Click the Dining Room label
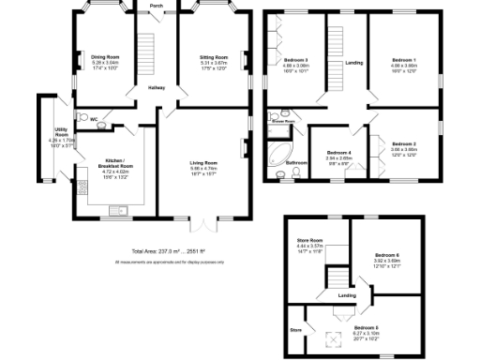[x=104, y=57]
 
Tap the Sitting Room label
[x=214, y=57]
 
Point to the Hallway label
[x=157, y=88]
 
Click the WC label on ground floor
[x=95, y=119]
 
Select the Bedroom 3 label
[x=297, y=61]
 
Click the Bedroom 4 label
[x=339, y=153]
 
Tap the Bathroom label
[x=297, y=162]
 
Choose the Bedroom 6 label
[x=387, y=256]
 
